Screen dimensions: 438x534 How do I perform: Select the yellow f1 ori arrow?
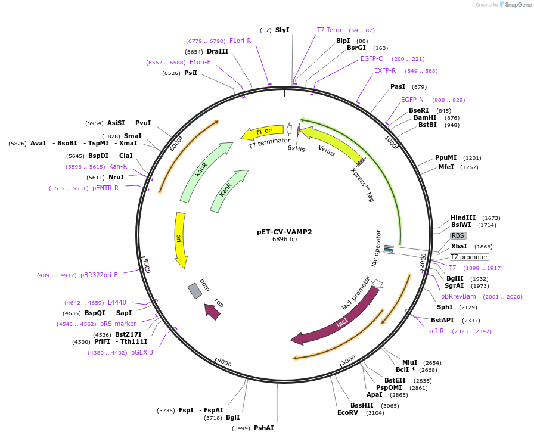coord(262,131)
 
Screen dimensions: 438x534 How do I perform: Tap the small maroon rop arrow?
coord(212,310)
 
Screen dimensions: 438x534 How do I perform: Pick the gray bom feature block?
coord(195,290)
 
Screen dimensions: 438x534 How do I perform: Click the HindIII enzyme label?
coord(463,218)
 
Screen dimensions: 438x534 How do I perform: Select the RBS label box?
coord(458,235)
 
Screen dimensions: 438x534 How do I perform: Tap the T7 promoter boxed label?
coord(469,257)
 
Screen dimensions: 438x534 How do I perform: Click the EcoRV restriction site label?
coord(347,412)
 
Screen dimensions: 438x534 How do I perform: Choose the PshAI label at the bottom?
coord(263,428)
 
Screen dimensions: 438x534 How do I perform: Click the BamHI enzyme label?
coord(425,117)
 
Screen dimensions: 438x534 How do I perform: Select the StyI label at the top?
coord(282,30)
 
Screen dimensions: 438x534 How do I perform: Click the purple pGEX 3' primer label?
coord(143,352)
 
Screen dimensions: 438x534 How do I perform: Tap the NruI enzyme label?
coord(116,177)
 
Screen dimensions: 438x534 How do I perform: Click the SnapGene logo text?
coord(515,5)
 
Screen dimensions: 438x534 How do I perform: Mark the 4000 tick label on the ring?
coord(224,363)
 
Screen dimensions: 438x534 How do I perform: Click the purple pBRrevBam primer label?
coord(458,296)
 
